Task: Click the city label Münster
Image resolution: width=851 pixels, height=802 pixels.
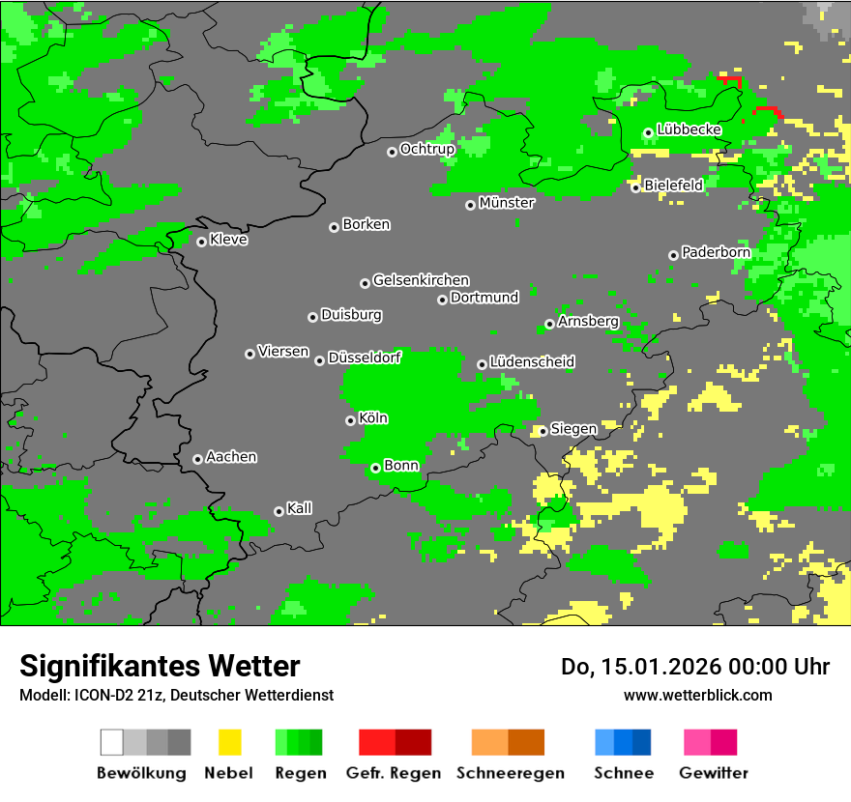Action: pyautogui.click(x=507, y=203)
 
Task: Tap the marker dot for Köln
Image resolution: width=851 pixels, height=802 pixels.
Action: pyautogui.click(x=350, y=420)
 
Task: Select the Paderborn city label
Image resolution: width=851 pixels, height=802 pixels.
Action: pyautogui.click(x=716, y=252)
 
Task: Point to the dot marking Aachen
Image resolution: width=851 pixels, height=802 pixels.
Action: pyautogui.click(x=197, y=459)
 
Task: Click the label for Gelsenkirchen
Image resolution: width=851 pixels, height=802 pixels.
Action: pyautogui.click(x=421, y=280)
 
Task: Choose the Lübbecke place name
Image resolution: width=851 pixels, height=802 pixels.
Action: pyautogui.click(x=689, y=129)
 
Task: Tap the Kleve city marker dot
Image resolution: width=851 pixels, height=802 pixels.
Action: pyautogui.click(x=201, y=242)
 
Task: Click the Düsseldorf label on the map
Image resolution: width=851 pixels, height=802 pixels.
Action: pyautogui.click(x=365, y=358)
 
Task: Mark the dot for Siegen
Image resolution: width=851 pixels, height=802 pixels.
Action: pyautogui.click(x=543, y=431)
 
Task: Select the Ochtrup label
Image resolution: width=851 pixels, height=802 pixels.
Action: pyautogui.click(x=426, y=149)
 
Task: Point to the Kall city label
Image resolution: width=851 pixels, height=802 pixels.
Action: pyautogui.click(x=300, y=508)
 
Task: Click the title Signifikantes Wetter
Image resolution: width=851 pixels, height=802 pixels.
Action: pyautogui.click(x=160, y=666)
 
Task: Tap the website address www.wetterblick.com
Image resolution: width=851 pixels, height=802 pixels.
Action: pyautogui.click(x=697, y=695)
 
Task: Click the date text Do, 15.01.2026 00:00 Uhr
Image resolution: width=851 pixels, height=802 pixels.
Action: pyautogui.click(x=694, y=667)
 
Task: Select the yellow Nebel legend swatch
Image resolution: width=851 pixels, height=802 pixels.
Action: pyautogui.click(x=229, y=742)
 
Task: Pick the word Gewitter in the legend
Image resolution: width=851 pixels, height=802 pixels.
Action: pyautogui.click(x=713, y=773)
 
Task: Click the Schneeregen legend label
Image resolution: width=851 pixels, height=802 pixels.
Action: pyautogui.click(x=510, y=773)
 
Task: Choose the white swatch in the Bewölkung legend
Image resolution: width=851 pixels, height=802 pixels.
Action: pyautogui.click(x=112, y=742)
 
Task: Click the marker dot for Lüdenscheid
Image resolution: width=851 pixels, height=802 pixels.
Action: pyautogui.click(x=482, y=364)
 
